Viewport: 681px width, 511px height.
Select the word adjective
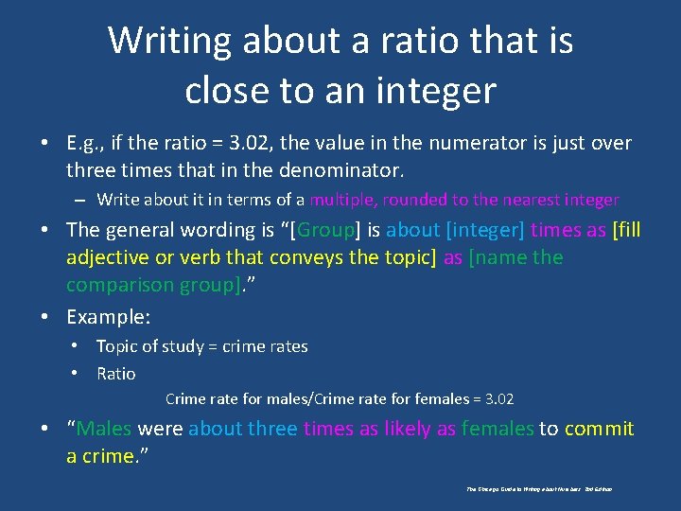pos(109,257)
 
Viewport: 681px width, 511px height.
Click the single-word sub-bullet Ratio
pos(116,374)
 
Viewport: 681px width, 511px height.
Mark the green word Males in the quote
pos(104,429)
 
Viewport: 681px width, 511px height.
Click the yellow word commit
pos(600,429)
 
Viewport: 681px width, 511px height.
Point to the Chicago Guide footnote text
pos(539,489)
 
